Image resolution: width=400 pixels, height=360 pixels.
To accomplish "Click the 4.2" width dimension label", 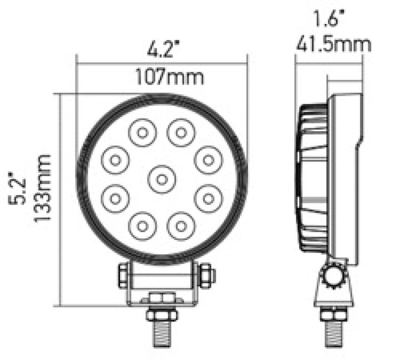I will (x=161, y=51).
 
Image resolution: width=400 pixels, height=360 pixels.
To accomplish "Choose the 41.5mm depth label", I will (x=333, y=44).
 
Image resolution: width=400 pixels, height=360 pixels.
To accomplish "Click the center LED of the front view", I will (x=161, y=179).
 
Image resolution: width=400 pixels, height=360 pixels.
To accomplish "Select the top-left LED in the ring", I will (x=143, y=133).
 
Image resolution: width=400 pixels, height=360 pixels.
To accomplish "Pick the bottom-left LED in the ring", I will (x=143, y=226).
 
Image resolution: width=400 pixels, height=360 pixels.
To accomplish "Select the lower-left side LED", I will (x=116, y=197).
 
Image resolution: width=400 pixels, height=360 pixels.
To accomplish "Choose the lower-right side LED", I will (x=208, y=197).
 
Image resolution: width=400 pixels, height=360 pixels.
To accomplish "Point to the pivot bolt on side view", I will (x=335, y=276).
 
